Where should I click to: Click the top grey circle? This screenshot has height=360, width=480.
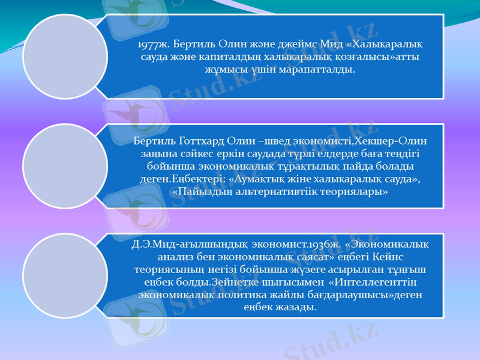point(64,57)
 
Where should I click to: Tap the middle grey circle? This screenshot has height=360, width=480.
point(64,166)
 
